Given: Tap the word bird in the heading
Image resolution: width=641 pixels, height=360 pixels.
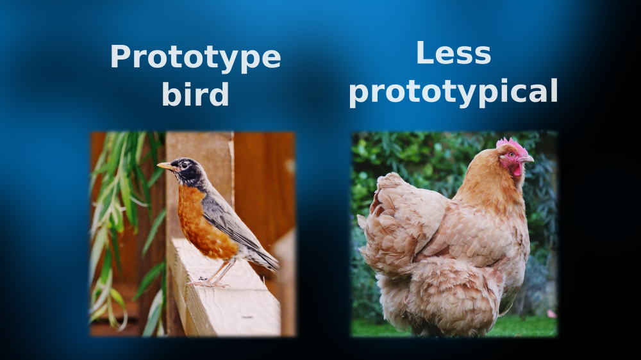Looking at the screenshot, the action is tap(196, 94).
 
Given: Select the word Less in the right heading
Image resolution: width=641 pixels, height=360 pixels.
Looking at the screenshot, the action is tap(453, 53).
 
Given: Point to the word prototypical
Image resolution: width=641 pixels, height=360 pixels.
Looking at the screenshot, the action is tap(453, 92).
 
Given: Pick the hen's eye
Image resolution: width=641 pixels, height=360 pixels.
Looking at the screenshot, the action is tap(511, 155).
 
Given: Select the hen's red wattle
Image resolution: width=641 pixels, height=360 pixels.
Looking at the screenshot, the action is tap(517, 169).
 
